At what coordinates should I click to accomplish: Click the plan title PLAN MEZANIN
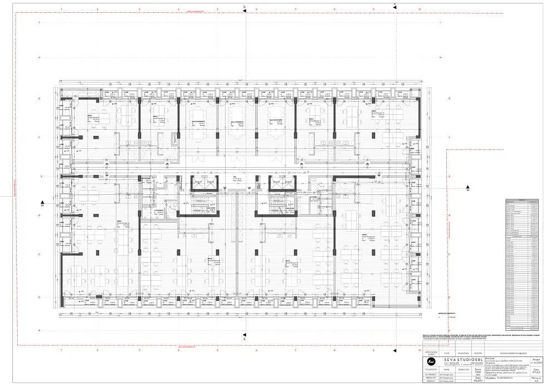(508, 377)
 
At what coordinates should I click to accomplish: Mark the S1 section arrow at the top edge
(245, 7)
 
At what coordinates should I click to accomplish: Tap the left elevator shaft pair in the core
(202, 184)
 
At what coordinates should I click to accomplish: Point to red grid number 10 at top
(418, 9)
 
